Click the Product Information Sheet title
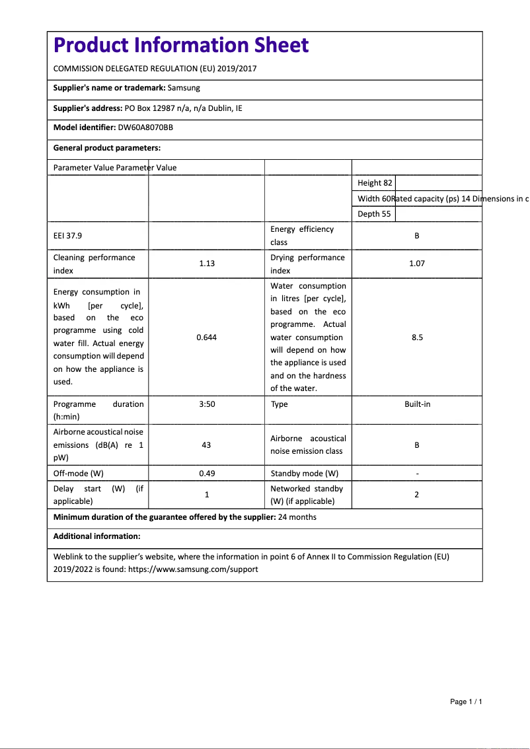coord(180,45)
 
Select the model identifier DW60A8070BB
coord(145,127)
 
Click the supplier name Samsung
coord(184,87)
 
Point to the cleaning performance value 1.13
coord(207,264)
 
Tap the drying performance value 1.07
coord(416,264)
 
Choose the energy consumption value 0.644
coord(207,338)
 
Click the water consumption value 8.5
coord(416,338)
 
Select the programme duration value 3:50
coord(207,404)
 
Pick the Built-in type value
coord(417,404)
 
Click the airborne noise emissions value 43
coord(206,445)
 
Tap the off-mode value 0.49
coord(207,474)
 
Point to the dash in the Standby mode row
coord(416,474)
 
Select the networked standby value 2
coord(416,495)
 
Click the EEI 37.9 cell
coord(67,235)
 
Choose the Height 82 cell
coord(375,183)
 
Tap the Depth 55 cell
coord(374,214)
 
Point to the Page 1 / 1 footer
coord(466,701)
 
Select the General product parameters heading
coord(107,148)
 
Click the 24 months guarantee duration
coord(297,517)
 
